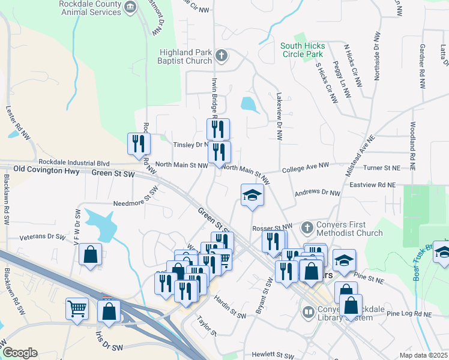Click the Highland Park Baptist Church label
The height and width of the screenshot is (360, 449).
tap(185, 56)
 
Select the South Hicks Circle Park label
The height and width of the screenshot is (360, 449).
tap(303, 50)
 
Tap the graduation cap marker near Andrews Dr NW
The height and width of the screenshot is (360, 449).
tap(252, 195)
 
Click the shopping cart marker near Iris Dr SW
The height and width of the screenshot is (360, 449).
tap(77, 310)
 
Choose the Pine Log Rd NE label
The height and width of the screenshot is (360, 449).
tap(410, 314)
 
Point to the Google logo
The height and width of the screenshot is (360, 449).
tap(20, 353)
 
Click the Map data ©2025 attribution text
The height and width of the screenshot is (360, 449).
tap(423, 355)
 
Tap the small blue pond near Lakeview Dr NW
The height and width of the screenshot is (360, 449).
tap(250, 104)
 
